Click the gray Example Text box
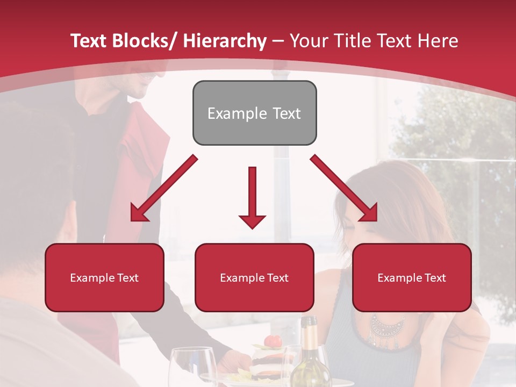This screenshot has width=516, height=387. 254,113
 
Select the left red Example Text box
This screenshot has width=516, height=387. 104,277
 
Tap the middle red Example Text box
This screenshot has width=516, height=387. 254,277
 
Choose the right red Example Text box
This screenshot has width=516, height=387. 412,277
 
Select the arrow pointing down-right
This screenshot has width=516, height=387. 344,189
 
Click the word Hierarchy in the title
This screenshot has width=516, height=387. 225,41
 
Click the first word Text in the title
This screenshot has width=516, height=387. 90,41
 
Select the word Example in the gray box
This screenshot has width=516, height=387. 230,113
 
